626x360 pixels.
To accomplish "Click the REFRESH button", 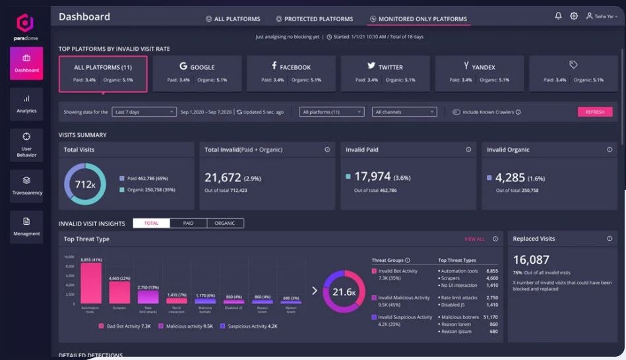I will tap(594, 112).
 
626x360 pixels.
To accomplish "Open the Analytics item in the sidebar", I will tap(26, 104).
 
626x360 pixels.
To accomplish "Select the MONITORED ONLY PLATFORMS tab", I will tap(419, 19).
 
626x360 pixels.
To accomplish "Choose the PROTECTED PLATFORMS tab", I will tap(314, 19).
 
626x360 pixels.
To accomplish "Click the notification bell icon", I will tap(558, 16).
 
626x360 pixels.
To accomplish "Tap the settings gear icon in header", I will tap(574, 16).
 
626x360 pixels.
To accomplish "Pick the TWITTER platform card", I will tap(385, 73).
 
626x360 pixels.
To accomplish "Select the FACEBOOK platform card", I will tap(291, 73).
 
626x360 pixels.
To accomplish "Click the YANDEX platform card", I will tap(480, 73).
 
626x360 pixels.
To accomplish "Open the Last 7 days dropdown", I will tap(143, 112).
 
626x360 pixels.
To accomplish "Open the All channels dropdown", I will tap(404, 112).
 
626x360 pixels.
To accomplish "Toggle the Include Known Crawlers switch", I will tap(456, 112).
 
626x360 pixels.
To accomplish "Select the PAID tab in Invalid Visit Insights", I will tap(188, 224).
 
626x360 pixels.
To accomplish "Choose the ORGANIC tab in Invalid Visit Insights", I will tap(225, 224).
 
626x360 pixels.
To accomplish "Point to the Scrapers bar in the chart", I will tap(119, 292).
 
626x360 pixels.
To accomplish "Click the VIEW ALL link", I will tap(474, 239).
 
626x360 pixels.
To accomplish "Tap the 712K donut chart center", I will tap(85, 184).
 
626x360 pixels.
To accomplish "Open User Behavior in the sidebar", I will tap(26, 145).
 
